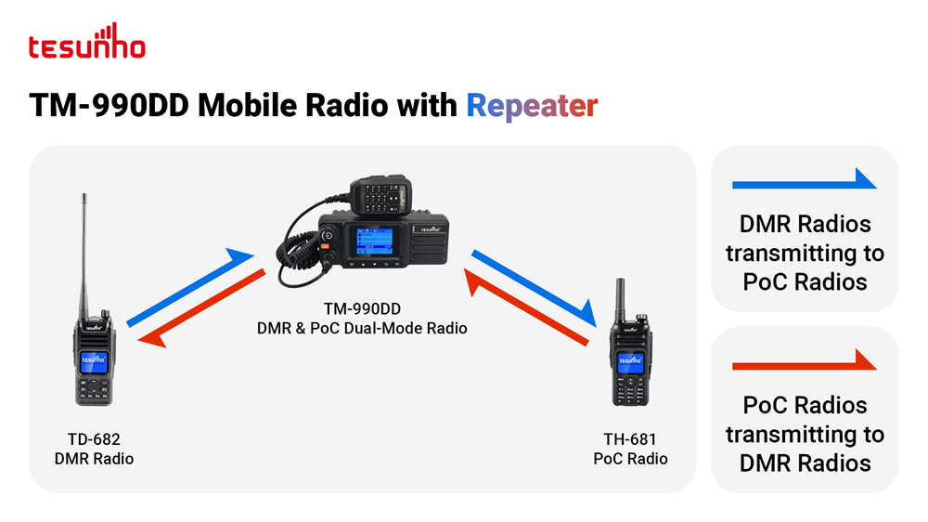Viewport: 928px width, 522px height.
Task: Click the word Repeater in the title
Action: (532, 107)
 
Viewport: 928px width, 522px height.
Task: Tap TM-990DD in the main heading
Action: (109, 106)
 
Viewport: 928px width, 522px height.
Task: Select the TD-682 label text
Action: (94, 439)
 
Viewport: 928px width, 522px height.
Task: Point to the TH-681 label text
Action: (630, 439)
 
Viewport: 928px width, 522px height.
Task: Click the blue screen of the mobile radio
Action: (375, 241)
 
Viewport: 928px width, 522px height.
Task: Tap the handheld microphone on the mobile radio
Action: (380, 193)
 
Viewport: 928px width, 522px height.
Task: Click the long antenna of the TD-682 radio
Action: (84, 254)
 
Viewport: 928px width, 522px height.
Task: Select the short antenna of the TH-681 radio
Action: (620, 300)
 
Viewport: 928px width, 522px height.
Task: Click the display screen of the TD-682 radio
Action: (94, 361)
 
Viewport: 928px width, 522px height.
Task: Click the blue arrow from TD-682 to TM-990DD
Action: (190, 287)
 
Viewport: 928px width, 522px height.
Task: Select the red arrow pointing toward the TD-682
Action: (201, 308)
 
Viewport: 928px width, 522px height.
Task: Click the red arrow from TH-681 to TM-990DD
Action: (526, 307)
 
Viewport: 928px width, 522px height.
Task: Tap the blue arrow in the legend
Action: (805, 179)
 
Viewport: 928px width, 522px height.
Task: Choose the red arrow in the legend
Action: (805, 360)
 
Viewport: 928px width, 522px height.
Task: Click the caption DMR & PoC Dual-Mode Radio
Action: (362, 328)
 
